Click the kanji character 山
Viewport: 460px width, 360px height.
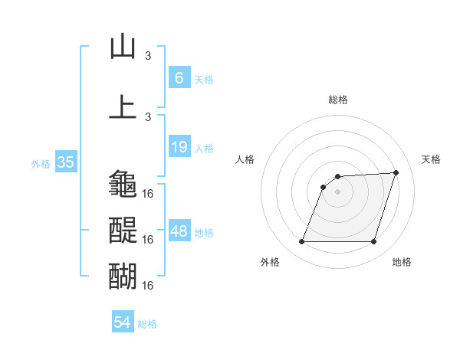(123, 46)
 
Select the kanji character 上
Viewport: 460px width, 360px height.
(123, 106)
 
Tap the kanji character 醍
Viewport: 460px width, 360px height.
(123, 230)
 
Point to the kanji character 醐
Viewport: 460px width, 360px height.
(123, 275)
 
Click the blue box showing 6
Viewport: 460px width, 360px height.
(179, 78)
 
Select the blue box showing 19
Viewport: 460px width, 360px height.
(179, 147)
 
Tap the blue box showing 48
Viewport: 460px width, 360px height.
(179, 231)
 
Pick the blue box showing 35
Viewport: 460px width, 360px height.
(65, 162)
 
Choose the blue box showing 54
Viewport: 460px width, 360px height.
(123, 322)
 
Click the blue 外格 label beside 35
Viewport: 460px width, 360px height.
(41, 163)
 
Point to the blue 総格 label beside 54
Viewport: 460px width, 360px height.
(147, 324)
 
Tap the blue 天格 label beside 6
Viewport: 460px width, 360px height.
(203, 79)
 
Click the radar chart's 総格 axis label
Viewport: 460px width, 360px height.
(337, 100)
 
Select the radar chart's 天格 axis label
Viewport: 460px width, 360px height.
(432, 159)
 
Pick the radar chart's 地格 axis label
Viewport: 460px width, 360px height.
(402, 262)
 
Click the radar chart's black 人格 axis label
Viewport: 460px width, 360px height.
(245, 159)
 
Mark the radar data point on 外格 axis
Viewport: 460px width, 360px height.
(301, 242)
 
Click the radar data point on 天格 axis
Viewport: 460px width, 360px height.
(396, 172)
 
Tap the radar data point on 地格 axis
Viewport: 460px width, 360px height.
(373, 242)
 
